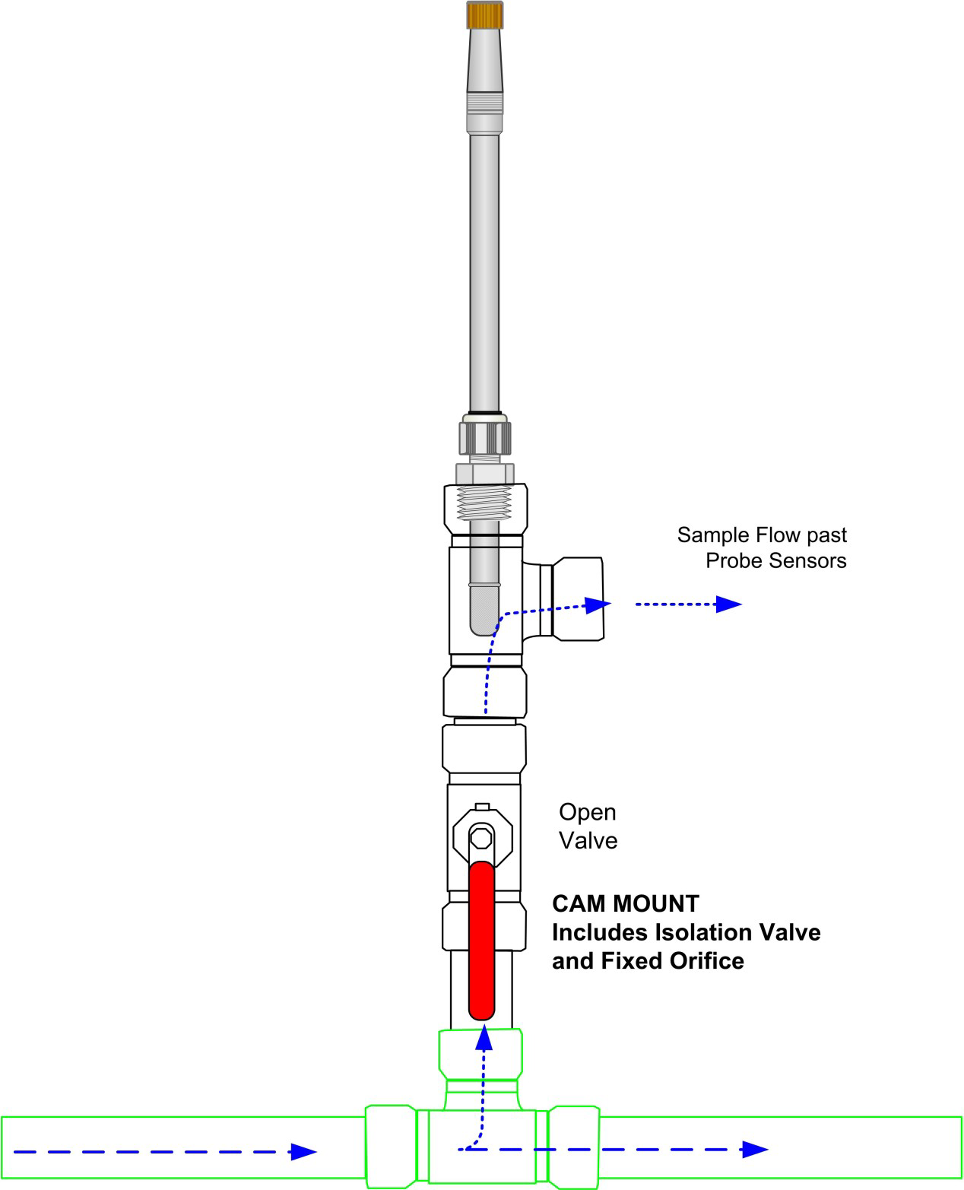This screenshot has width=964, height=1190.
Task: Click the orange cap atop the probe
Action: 484,15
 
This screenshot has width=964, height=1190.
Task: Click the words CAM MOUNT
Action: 625,903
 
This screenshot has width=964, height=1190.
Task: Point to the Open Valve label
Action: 588,826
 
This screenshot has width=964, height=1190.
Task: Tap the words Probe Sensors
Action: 775,561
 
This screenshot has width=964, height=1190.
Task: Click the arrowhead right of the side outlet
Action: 729,605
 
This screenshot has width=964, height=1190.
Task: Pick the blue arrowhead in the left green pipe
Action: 303,1151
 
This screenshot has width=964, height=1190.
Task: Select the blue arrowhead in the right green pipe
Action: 755,1149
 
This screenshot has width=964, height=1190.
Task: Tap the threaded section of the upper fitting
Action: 484,504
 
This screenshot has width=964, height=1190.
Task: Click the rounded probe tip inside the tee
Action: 484,620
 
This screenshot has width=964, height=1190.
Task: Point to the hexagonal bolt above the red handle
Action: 481,837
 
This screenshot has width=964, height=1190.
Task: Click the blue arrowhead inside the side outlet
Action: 599,605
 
